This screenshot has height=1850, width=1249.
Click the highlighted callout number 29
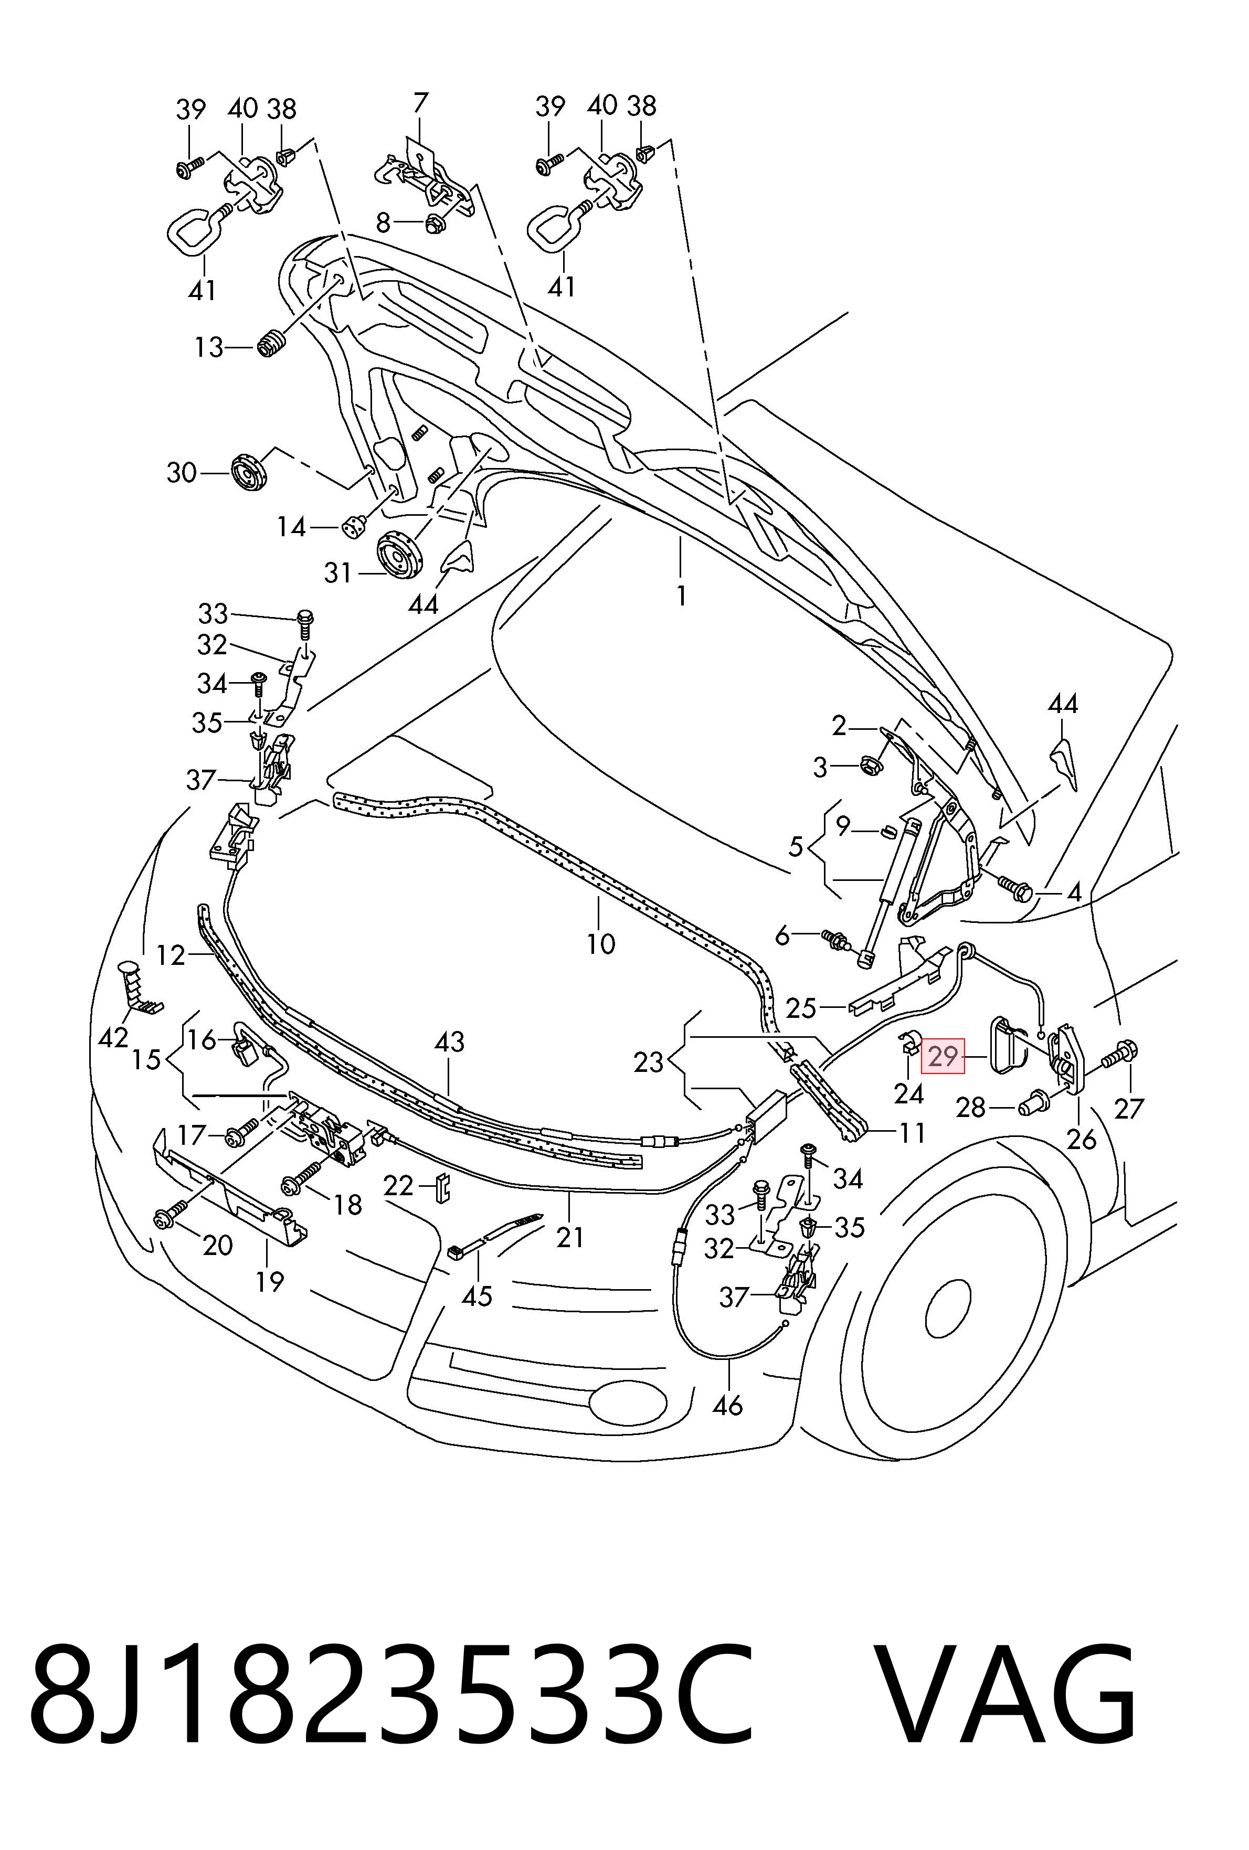pos(943,1056)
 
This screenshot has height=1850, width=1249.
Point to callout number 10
pos(601,944)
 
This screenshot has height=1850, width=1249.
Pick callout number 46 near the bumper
pos(727,1406)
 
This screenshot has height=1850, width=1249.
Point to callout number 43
pos(450,1042)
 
